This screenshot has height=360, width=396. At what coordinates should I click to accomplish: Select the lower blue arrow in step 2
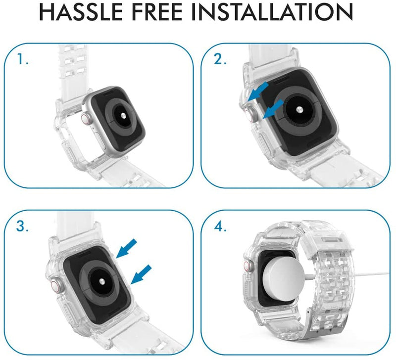point(274,108)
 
